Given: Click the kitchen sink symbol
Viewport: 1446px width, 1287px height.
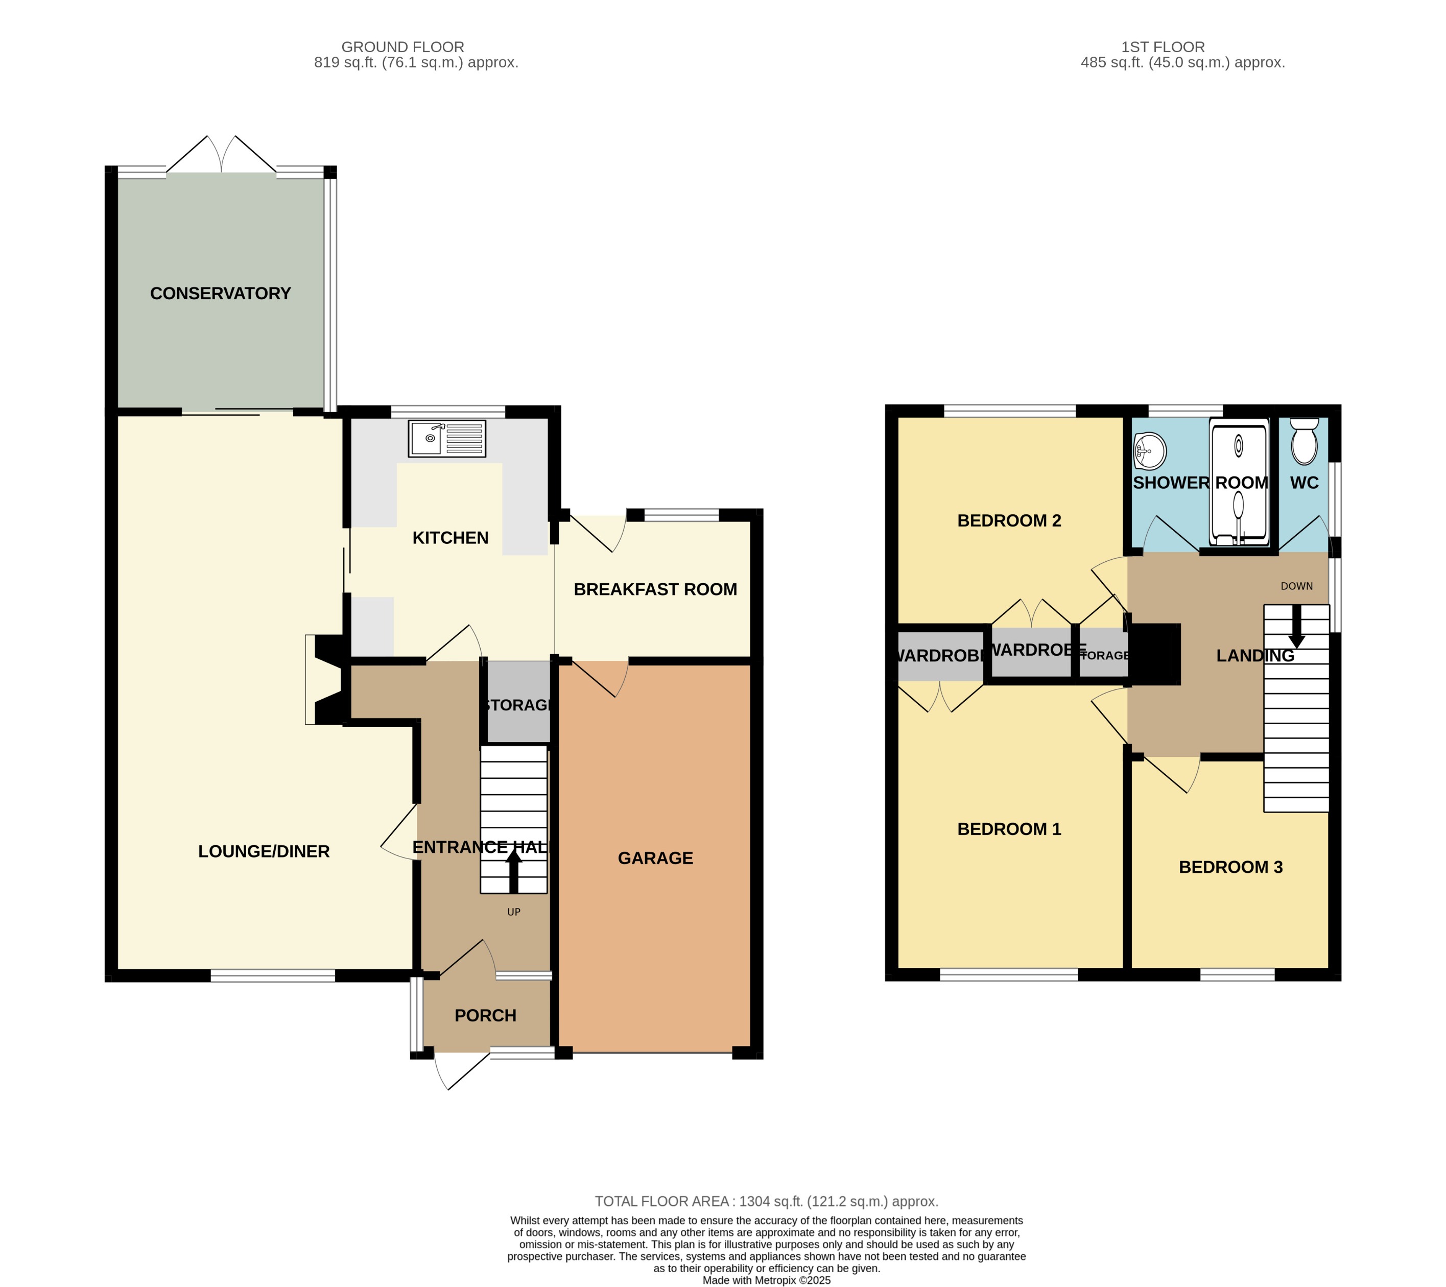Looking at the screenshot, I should (x=446, y=439).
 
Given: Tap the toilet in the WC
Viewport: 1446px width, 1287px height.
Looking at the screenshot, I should (x=1304, y=442).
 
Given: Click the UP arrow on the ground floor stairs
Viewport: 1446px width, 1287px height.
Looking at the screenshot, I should (x=514, y=871).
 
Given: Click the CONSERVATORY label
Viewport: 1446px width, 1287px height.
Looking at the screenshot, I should (x=220, y=294).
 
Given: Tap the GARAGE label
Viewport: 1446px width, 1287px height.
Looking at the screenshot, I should (x=655, y=858).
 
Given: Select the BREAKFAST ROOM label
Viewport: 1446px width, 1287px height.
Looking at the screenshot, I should (x=655, y=589).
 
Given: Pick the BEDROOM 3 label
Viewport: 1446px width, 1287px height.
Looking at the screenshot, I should (x=1230, y=867).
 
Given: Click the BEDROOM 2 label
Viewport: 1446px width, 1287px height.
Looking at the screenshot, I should (x=1009, y=521).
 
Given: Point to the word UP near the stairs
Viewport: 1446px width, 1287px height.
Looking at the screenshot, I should (x=514, y=912).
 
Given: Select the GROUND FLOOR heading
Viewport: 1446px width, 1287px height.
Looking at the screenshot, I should (x=402, y=46).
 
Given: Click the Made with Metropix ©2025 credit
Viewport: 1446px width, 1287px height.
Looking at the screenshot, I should (x=766, y=1280).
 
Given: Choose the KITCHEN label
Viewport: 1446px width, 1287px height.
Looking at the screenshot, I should (x=450, y=538).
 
